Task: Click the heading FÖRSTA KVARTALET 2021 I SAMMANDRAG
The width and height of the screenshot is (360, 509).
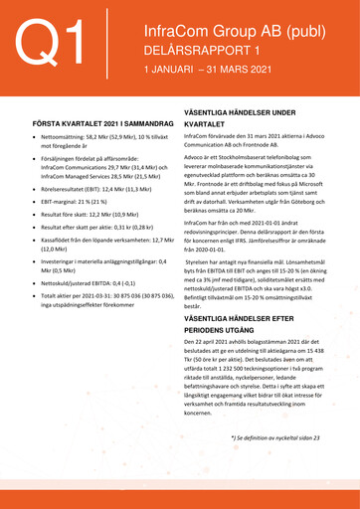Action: (x=97, y=122)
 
